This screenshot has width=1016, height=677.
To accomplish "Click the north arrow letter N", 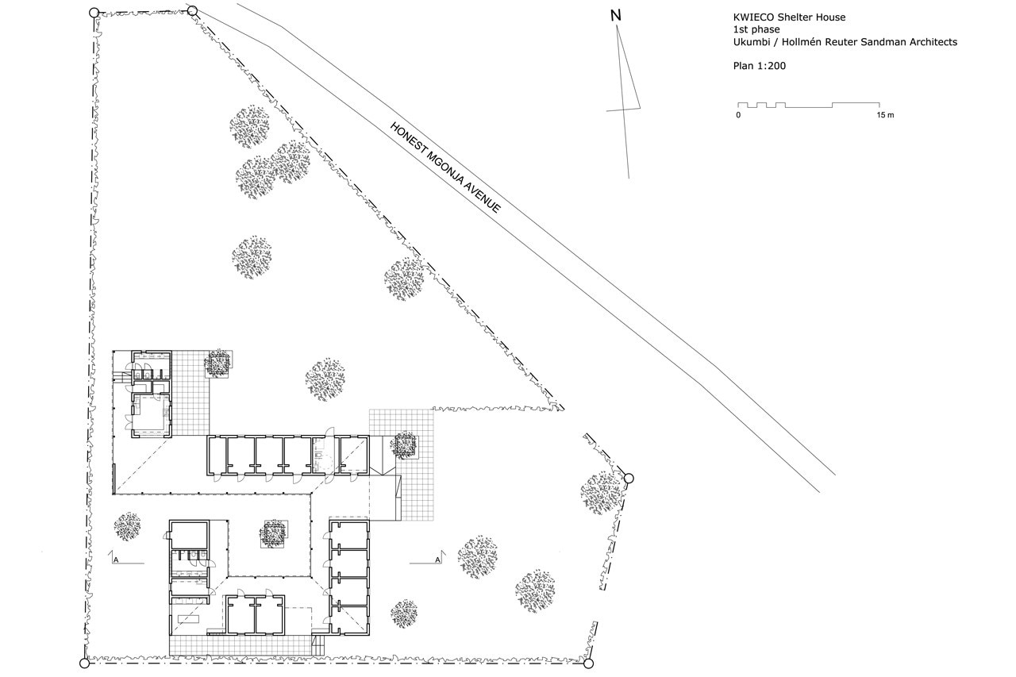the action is [x=615, y=16].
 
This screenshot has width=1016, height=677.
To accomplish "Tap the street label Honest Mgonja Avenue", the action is [x=445, y=167].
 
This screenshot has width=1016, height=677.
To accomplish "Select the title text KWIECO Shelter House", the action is [x=789, y=17].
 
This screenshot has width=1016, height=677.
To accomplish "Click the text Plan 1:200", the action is [x=760, y=66].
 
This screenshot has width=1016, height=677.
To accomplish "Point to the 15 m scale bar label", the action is [x=885, y=115].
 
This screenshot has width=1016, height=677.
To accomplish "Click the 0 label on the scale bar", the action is [x=738, y=115].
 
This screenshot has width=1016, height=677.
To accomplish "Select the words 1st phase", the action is [x=756, y=29].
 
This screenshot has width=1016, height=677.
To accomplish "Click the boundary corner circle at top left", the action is [x=94, y=13].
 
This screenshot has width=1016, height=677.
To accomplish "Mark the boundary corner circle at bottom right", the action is [x=588, y=664].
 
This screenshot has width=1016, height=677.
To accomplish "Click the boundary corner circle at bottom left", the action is [x=84, y=664].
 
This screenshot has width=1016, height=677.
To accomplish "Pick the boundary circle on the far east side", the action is [x=629, y=478].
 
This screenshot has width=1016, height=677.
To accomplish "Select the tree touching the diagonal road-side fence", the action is [x=404, y=279].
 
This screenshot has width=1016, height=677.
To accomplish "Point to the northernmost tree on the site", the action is [x=249, y=126].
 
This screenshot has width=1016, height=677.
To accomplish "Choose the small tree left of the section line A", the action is [x=127, y=526].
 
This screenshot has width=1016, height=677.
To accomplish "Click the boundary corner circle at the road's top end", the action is [x=192, y=10].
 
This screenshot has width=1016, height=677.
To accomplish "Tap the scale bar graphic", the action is [x=809, y=106].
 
